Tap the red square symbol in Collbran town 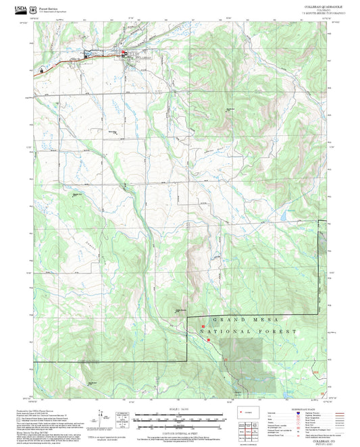[122, 53]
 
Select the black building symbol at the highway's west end [41, 69]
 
